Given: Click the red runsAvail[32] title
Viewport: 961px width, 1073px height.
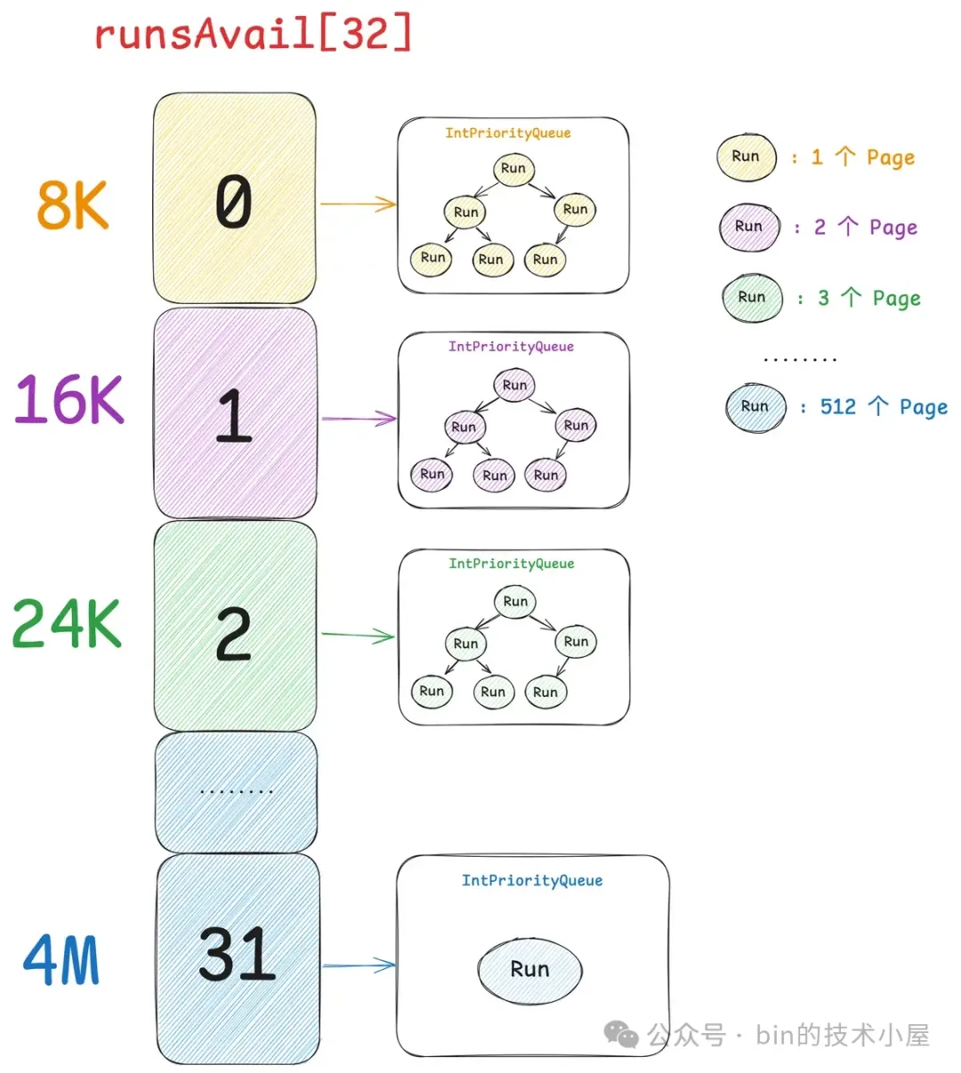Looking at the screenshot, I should point(253,35).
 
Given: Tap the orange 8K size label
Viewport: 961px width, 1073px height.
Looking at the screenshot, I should point(72,205).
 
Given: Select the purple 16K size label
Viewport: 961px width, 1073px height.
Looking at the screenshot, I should point(69,399).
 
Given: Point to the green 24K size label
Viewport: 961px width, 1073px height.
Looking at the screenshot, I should point(67,623).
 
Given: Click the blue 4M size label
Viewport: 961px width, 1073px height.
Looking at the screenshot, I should point(61,960).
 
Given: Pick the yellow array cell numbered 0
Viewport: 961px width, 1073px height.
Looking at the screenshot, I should point(234,199).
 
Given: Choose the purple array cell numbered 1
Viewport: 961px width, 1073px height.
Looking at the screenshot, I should point(235,413).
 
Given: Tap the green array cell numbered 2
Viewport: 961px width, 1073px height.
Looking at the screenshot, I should point(235,628).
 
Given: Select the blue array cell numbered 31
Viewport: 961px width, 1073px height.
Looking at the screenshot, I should point(238,957).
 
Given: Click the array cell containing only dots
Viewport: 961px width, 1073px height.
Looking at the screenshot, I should point(236,791).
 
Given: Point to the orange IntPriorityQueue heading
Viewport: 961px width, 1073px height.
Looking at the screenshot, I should point(508,133).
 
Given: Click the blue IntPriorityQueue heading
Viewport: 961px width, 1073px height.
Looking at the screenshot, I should point(532,880).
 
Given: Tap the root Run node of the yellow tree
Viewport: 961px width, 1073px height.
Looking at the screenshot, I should point(513,168).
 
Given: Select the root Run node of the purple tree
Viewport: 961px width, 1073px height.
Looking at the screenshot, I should point(514,385).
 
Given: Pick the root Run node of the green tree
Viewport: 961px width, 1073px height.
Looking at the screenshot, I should point(515,602).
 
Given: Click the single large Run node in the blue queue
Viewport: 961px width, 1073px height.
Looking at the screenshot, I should point(529,969).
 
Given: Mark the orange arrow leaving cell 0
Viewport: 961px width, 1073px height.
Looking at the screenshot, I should point(358,204).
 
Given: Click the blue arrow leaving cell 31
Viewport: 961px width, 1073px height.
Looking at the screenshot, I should point(359,965).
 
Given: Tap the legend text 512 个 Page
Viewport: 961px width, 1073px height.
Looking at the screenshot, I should point(884,407).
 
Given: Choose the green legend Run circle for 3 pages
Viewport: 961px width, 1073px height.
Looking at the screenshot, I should point(752,297).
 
